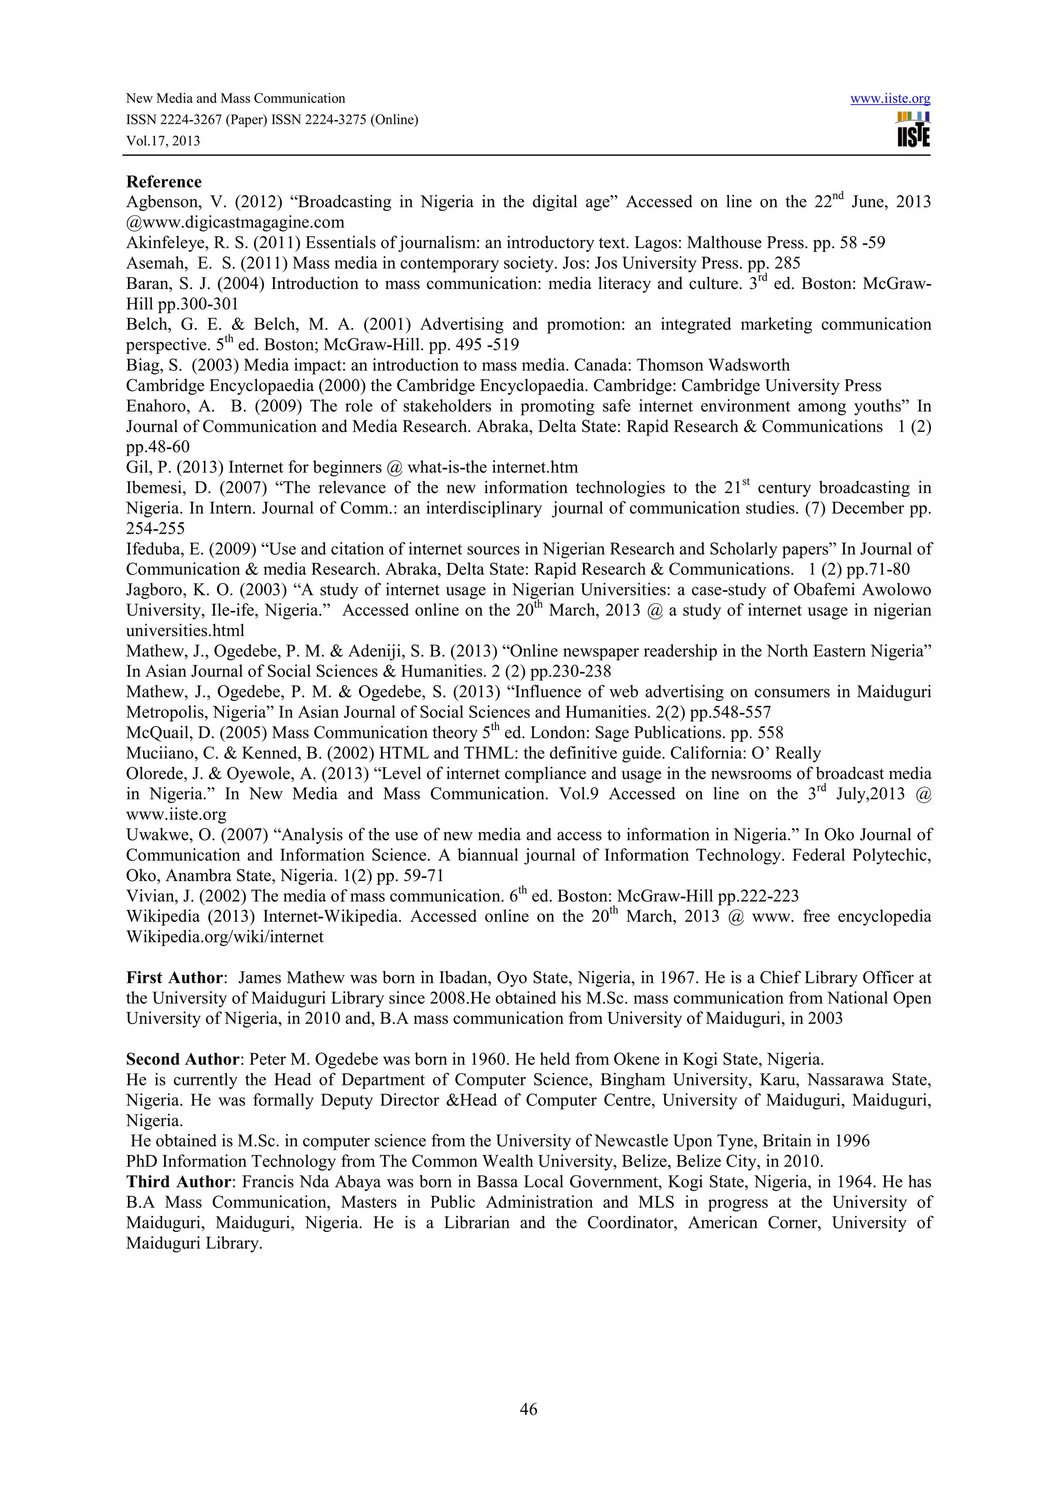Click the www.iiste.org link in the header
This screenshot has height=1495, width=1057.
[x=890, y=99]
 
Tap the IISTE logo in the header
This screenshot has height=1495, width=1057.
[x=913, y=130]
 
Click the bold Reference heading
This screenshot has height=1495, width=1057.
[x=164, y=182]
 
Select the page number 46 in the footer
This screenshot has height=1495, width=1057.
[x=528, y=1409]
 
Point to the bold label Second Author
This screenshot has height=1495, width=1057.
[x=182, y=1060]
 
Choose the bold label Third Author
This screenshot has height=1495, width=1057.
[x=178, y=1182]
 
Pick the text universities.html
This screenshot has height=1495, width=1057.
[x=185, y=631]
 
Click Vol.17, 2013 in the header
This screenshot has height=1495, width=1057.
[x=163, y=141]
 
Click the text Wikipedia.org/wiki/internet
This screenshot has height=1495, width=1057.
[x=225, y=937]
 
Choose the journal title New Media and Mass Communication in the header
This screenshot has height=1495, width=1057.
[x=235, y=99]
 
